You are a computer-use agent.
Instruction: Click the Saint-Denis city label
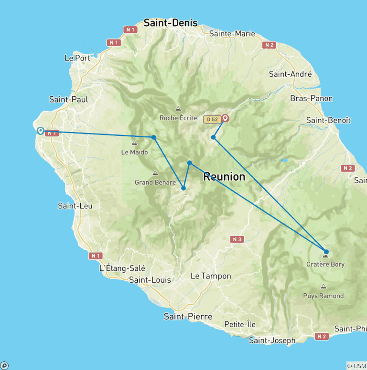point(170,22)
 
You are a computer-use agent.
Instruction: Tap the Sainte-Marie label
point(231,34)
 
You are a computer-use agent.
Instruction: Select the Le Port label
point(77,58)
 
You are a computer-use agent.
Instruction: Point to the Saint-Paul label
point(68,100)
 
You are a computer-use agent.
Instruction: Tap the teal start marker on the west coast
point(41,131)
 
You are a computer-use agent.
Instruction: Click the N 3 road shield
point(237,239)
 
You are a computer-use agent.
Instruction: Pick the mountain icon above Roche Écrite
point(178,109)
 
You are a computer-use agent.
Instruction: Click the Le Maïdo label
point(134,152)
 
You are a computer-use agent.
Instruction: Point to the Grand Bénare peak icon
point(155,173)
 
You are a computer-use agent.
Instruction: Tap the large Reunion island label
point(224,177)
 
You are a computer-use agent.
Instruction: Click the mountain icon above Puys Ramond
point(324,287)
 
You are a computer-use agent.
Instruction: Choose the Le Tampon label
point(211,276)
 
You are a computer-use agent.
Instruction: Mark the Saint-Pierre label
point(188,316)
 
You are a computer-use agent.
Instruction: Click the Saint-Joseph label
point(272,340)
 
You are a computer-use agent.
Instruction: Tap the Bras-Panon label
point(312,98)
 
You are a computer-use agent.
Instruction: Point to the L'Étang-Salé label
point(122,268)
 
